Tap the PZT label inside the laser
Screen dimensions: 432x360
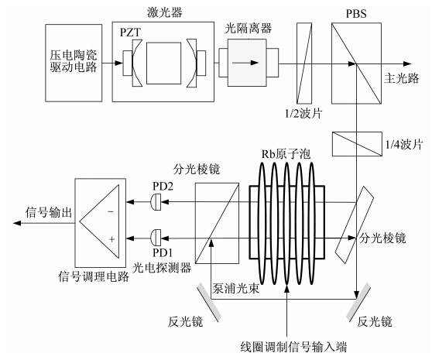click(x=130, y=33)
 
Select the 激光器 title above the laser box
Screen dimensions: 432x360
click(x=165, y=12)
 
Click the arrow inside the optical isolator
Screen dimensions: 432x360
click(x=245, y=63)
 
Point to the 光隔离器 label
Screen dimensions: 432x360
click(x=249, y=28)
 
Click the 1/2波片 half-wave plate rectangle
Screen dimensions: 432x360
click(x=304, y=63)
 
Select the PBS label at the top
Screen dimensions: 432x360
click(x=356, y=13)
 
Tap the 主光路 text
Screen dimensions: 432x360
click(x=402, y=78)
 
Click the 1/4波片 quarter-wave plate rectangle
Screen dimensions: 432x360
click(x=357, y=144)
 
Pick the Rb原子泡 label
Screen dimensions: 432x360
click(x=286, y=154)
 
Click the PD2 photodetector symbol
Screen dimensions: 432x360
click(x=156, y=202)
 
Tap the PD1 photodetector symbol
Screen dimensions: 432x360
click(x=156, y=238)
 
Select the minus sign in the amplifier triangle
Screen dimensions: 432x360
click(x=111, y=211)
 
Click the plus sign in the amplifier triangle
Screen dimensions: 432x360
click(x=111, y=239)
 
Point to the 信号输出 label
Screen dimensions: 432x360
click(x=49, y=212)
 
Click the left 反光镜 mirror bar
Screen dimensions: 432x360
click(x=209, y=303)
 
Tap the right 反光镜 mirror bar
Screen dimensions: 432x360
click(x=358, y=302)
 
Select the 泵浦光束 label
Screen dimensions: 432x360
click(x=235, y=288)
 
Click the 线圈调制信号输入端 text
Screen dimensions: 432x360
click(x=293, y=347)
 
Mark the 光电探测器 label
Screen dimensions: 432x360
click(x=162, y=267)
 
